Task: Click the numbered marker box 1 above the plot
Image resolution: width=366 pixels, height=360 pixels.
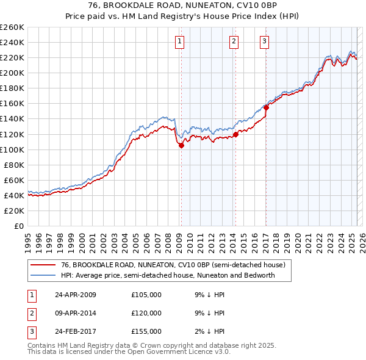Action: pyautogui.click(x=181, y=41)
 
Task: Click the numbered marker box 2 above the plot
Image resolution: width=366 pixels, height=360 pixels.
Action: pyautogui.click(x=234, y=41)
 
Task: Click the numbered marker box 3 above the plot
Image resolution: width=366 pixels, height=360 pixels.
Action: pyautogui.click(x=265, y=41)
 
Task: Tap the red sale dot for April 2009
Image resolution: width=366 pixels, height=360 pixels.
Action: pyautogui.click(x=181, y=145)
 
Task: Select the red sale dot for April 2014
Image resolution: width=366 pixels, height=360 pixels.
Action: pyautogui.click(x=235, y=134)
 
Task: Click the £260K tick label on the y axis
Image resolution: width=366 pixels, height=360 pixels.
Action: pyautogui.click(x=12, y=27)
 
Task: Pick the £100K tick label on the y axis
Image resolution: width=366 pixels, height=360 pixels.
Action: pyautogui.click(x=12, y=149)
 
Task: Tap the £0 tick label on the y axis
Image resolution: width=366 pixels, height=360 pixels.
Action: pyautogui.click(x=18, y=226)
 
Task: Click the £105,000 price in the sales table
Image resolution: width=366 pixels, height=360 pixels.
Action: pyautogui.click(x=146, y=295)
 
